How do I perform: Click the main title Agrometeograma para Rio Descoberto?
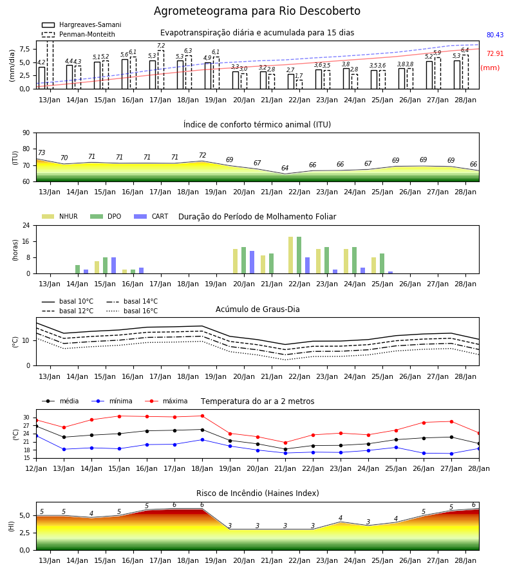point(257,11)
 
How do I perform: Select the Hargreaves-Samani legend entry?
point(81,24)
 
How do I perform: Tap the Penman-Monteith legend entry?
point(79,34)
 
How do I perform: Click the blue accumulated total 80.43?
point(495,35)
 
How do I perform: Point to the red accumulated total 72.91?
point(495,53)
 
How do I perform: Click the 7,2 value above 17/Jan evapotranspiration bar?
point(161,46)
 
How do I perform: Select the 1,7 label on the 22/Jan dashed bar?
point(299,76)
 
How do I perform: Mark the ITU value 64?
point(285,168)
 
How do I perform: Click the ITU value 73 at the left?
point(41,152)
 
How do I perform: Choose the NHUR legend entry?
point(60,216)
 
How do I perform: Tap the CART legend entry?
point(151,216)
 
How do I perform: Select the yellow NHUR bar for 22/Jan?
point(291,255)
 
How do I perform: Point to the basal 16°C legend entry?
point(132,311)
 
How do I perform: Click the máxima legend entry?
point(166,401)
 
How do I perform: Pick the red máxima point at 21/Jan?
point(285,443)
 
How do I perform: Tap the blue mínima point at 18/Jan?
point(202,440)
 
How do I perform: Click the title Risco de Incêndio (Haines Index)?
point(257,493)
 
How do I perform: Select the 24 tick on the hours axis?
point(26,225)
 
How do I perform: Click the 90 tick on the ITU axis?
point(26,133)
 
